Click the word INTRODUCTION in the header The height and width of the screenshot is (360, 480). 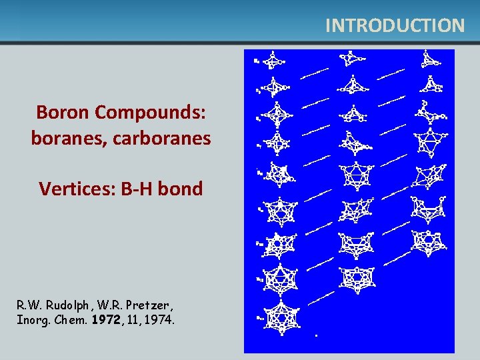395,25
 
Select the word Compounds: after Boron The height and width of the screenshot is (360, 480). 151,112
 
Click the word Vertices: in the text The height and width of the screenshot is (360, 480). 78,189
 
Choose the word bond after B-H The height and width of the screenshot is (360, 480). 180,189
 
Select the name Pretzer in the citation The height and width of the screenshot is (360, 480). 147,305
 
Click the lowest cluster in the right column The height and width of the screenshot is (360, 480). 425,241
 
